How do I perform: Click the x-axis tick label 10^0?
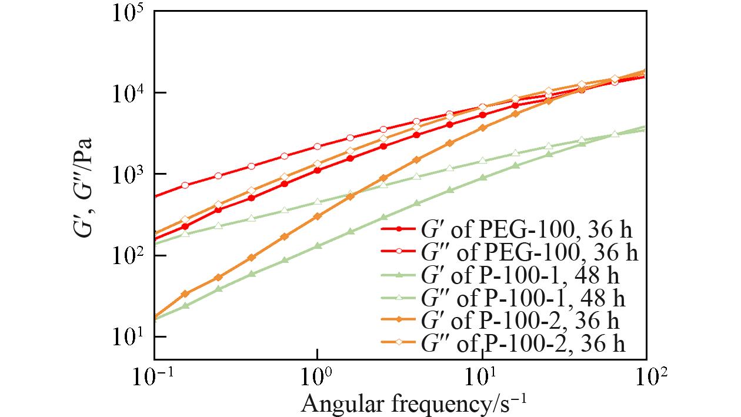pos(318,376)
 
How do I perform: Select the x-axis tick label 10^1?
pos(482,376)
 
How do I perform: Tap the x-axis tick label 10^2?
pos(646,376)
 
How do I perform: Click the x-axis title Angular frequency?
pos(413,404)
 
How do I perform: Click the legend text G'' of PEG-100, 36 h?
pos(529,252)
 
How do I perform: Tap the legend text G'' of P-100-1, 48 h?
pos(523,298)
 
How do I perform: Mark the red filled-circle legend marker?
pos(399,228)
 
